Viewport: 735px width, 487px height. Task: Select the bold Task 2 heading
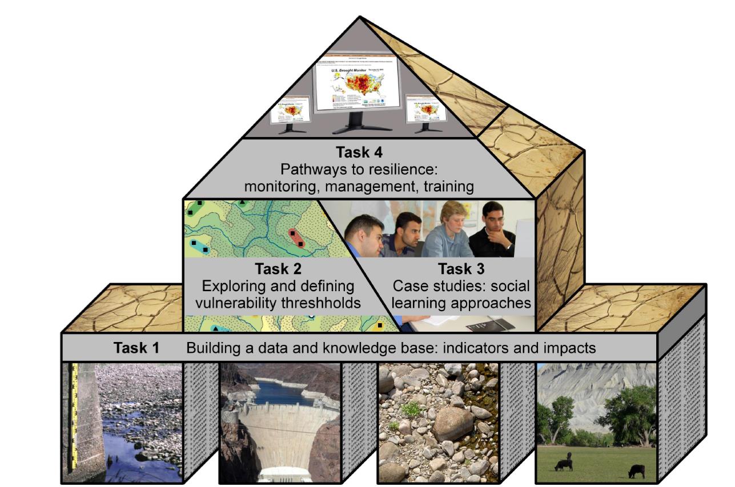[278, 269]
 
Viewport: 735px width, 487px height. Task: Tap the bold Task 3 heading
[461, 269]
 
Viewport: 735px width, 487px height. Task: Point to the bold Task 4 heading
[359, 153]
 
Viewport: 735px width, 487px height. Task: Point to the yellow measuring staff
[74, 417]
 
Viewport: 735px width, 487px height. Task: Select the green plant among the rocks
[411, 408]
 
